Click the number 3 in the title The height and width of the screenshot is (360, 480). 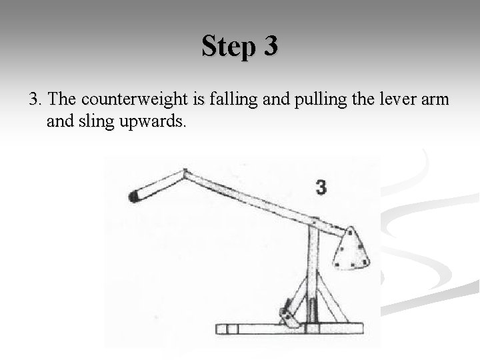coord(271,47)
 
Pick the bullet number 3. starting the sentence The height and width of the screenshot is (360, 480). coord(36,100)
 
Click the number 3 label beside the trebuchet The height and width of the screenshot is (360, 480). coord(322,188)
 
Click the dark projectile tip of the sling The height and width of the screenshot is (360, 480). coord(133,195)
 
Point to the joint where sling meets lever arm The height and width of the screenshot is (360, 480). coord(185,173)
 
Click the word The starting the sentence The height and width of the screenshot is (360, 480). coord(63,100)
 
